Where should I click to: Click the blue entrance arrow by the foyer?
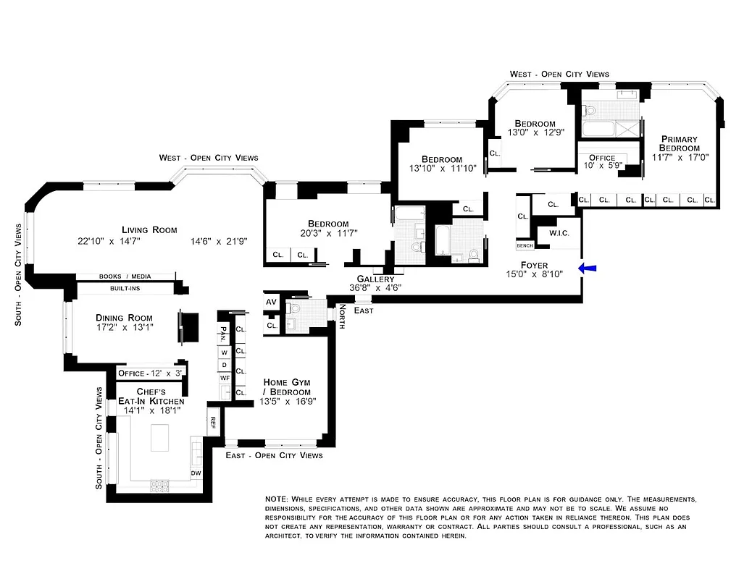588,269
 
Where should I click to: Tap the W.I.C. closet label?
558,233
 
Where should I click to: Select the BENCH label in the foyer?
525,246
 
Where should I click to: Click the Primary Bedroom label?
679,143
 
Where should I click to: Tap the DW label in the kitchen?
196,473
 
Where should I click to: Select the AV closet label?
272,303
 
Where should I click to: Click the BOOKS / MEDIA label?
125,276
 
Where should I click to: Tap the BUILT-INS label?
125,288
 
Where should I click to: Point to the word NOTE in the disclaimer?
276,499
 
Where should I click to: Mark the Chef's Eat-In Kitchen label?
151,397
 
